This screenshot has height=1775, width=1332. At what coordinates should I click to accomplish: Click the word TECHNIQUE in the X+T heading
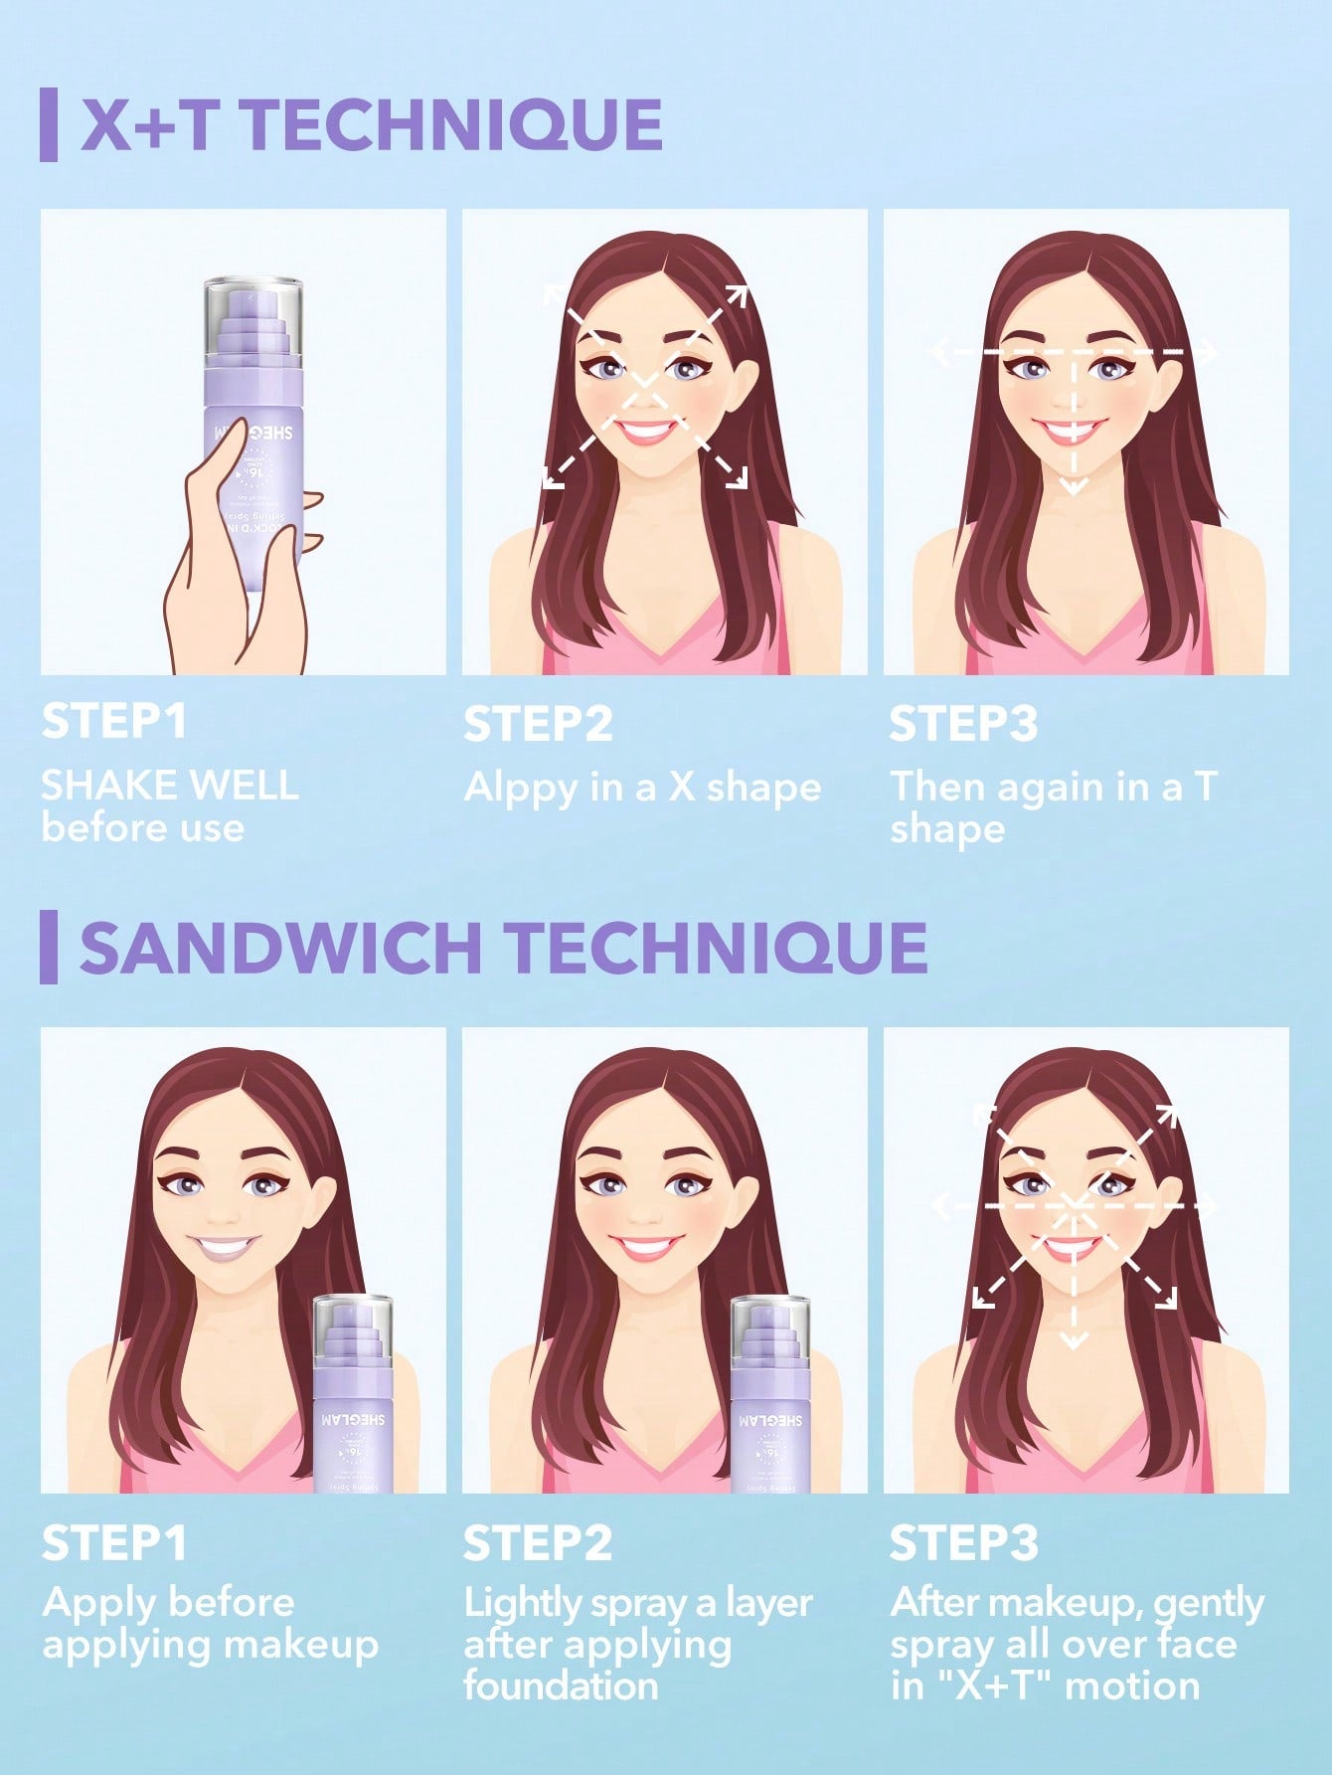[x=452, y=124]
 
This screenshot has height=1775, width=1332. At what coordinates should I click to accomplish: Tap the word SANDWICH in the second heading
[x=280, y=947]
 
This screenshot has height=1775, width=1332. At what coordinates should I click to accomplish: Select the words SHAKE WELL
[x=169, y=786]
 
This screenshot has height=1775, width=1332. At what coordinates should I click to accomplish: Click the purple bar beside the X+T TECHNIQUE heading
[x=48, y=124]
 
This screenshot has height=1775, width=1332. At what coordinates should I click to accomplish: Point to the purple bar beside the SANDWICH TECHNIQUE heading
[x=48, y=947]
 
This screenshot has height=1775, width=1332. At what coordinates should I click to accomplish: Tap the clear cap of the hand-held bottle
[x=252, y=313]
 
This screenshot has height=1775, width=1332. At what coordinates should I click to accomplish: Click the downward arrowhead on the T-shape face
[x=1073, y=486]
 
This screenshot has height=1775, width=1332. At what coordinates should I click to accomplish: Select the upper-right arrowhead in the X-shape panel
[x=738, y=294]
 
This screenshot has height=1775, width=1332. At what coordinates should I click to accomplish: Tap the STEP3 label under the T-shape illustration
[x=962, y=724]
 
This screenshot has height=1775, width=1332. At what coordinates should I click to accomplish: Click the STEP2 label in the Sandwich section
[x=537, y=1543]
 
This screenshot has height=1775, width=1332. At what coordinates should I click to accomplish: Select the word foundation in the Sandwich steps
[x=561, y=1686]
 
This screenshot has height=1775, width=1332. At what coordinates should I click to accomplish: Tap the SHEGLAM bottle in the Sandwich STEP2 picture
[x=770, y=1402]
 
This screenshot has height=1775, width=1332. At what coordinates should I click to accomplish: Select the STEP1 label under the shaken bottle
[x=114, y=722]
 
